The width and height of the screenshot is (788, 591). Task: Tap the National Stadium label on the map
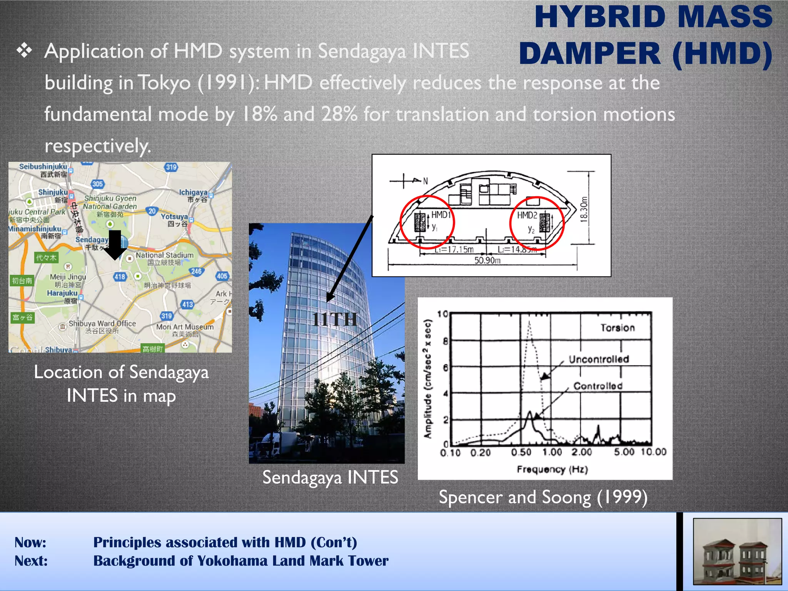click(x=164, y=255)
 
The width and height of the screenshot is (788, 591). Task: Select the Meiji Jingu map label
click(x=68, y=277)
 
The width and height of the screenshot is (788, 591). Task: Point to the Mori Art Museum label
click(x=185, y=327)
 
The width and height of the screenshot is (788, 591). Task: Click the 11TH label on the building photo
click(x=334, y=319)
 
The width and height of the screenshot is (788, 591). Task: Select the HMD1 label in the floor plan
click(x=440, y=215)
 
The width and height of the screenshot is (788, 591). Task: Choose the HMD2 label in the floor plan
click(x=527, y=215)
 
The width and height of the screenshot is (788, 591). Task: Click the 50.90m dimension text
click(x=487, y=260)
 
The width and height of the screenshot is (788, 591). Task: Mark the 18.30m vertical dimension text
click(x=584, y=209)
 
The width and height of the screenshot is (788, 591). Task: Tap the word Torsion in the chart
click(x=618, y=328)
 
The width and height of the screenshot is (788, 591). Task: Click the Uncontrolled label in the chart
click(x=599, y=359)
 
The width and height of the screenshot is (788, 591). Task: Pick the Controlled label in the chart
click(x=598, y=386)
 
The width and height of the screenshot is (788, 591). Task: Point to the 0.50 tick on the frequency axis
click(x=521, y=452)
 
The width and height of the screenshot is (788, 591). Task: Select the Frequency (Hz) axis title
click(x=552, y=469)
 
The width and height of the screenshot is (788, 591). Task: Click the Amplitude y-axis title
click(x=427, y=379)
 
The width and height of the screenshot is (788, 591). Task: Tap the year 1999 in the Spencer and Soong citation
click(x=622, y=497)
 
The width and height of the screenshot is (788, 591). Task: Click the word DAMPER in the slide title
click(x=589, y=53)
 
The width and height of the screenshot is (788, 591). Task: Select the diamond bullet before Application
click(x=24, y=51)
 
